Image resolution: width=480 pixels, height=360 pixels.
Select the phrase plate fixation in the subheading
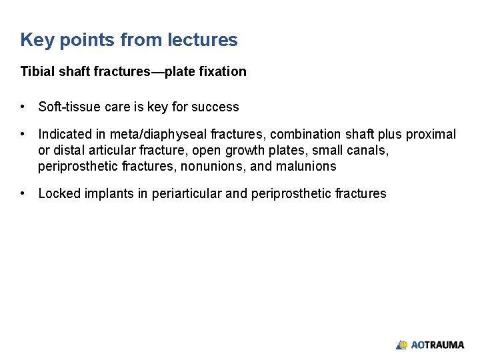(212, 71)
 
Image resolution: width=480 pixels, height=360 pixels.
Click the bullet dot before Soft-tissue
(23, 107)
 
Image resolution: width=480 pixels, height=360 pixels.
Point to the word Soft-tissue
(69, 107)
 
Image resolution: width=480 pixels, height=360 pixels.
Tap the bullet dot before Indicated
(23, 135)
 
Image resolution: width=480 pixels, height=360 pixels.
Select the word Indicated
(64, 135)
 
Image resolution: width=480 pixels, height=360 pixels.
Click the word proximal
(432, 135)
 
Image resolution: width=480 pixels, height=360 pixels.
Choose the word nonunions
(213, 166)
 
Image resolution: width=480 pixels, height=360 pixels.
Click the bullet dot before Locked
(23, 194)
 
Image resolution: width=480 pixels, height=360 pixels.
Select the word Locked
(59, 194)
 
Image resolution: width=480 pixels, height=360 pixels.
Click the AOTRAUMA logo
(430, 345)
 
